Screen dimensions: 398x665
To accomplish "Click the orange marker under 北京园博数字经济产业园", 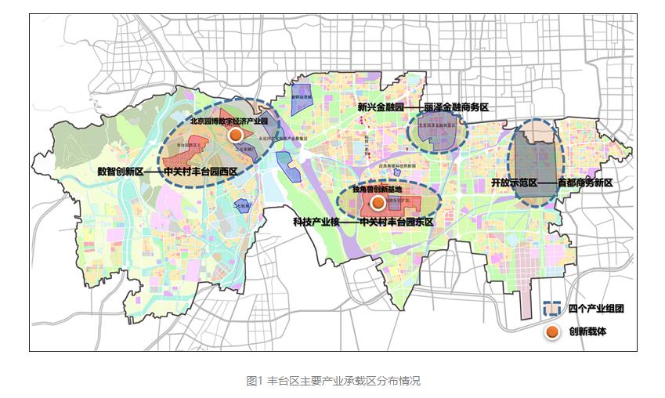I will coord(233,135).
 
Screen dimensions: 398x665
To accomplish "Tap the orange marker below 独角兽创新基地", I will coord(378,203).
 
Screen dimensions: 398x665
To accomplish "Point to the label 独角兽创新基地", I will coord(376,190).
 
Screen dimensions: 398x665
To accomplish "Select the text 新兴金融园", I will coord(379,107).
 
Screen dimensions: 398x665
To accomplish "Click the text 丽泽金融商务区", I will coord(456,107).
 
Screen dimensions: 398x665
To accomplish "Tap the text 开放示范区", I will coord(513,183).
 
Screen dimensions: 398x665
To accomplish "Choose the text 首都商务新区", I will coord(584,183).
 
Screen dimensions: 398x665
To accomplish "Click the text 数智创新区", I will coord(120,169).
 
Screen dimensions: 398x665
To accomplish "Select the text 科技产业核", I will coord(316,223).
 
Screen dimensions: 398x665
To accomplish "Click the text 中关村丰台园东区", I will coord(396,223).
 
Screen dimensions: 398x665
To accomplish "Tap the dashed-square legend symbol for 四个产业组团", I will coord(553,309).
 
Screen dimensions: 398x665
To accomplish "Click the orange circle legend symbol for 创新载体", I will coord(553,332).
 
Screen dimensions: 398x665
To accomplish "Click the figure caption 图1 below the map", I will coord(254,382).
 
